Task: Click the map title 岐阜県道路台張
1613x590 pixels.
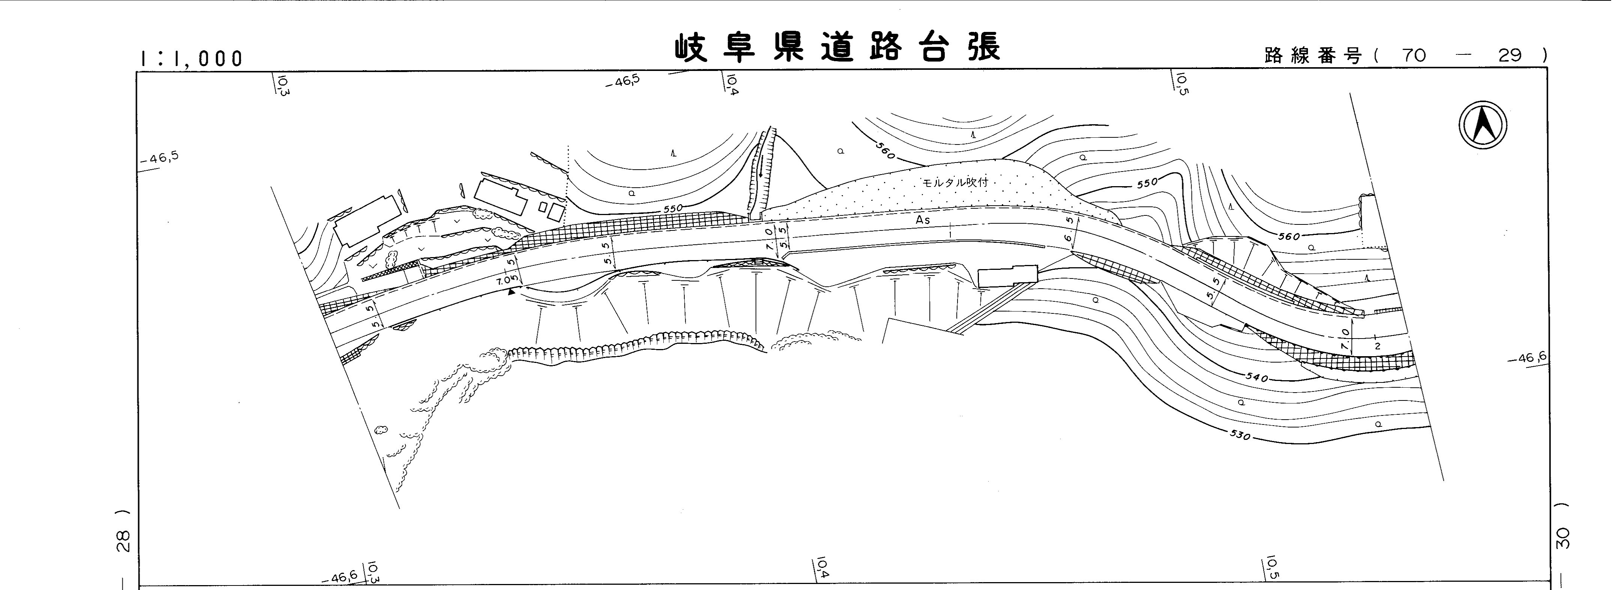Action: click(x=837, y=48)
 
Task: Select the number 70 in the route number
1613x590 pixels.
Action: click(x=1414, y=56)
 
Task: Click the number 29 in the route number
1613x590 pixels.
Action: click(x=1510, y=56)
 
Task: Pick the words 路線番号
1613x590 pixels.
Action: click(x=1313, y=56)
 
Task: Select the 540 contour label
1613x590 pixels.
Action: click(x=1256, y=378)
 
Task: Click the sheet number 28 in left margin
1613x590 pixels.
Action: click(x=124, y=540)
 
